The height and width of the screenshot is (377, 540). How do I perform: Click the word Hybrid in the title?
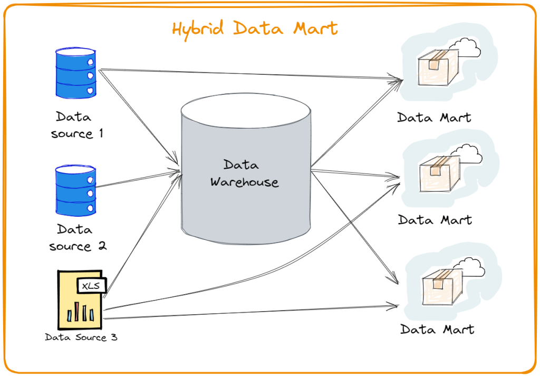click(x=200, y=29)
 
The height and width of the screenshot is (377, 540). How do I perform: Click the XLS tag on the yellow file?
click(x=92, y=285)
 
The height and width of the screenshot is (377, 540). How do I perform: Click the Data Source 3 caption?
click(x=81, y=337)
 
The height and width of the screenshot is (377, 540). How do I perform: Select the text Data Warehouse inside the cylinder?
click(x=244, y=173)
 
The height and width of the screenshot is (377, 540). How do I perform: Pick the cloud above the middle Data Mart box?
click(x=467, y=152)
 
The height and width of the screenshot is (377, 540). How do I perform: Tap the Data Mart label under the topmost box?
click(x=434, y=117)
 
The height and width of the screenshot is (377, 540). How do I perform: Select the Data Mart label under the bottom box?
click(x=437, y=330)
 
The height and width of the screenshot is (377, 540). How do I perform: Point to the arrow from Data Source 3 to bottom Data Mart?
click(x=248, y=312)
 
